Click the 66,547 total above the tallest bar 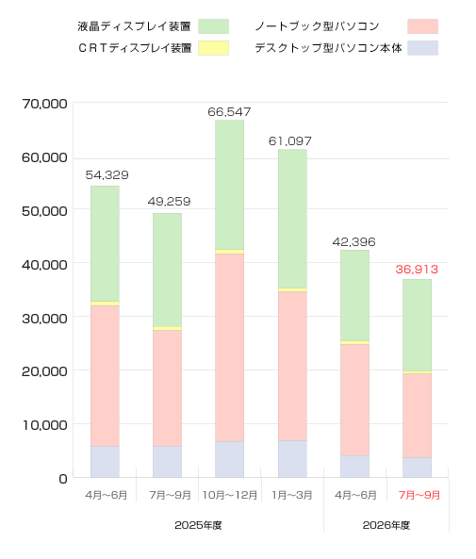(229, 112)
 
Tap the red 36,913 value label (417, 270)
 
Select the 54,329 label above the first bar (107, 175)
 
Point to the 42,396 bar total (354, 242)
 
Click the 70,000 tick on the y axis (44, 104)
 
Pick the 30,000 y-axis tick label (44, 319)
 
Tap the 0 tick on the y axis (63, 479)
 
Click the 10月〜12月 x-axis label (230, 495)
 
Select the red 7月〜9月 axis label (419, 495)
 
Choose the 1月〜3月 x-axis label (292, 495)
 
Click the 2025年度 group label (198, 525)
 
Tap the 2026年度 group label (386, 525)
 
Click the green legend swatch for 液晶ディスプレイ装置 (213, 26)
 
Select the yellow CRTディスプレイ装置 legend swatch (213, 48)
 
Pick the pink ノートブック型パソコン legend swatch (422, 26)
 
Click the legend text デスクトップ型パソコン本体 (328, 48)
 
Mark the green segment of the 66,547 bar (230, 185)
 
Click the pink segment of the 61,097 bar (292, 366)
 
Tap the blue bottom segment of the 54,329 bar (105, 462)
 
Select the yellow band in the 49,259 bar (167, 328)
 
